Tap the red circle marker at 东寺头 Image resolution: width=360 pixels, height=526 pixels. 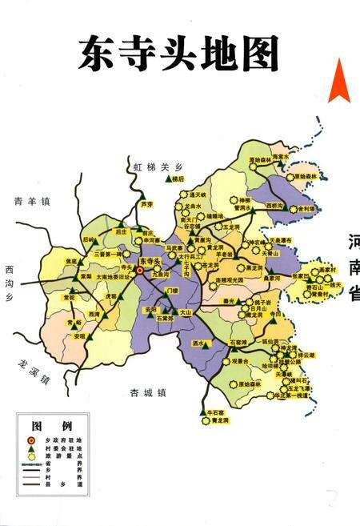point(140,271)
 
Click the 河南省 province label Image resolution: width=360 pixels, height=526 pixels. point(353,268)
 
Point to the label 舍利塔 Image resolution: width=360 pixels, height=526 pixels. point(305,209)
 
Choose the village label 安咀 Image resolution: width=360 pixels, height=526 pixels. point(80,335)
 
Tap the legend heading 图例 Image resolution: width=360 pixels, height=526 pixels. point(52,425)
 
